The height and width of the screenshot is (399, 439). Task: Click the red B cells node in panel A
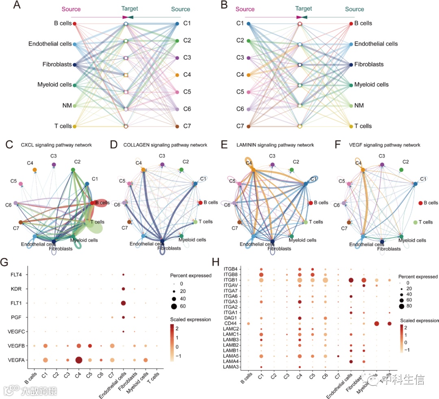(x=75, y=24)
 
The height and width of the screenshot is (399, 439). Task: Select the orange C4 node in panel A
(x=177, y=75)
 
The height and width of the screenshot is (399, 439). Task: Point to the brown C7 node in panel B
(x=248, y=126)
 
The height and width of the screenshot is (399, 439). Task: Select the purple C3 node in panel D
(x=162, y=164)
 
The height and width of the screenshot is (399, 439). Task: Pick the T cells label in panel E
(x=315, y=222)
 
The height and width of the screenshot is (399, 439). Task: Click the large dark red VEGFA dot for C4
(x=79, y=360)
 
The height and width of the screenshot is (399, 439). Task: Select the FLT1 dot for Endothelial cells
(x=123, y=303)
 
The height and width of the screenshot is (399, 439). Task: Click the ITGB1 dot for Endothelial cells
(x=350, y=280)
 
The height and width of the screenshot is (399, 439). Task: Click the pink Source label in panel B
(x=245, y=9)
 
